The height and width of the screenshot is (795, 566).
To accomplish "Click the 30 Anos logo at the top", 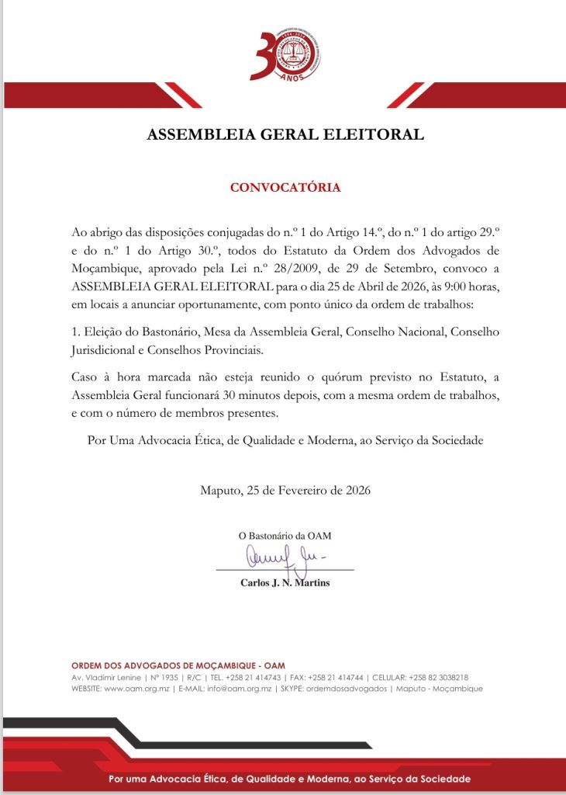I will (285, 55).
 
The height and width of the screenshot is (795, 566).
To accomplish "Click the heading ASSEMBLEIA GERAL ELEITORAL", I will (285, 134).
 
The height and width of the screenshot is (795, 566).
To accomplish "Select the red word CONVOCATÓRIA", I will (285, 187).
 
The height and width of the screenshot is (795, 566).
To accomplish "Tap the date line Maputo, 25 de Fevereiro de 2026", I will (285, 490).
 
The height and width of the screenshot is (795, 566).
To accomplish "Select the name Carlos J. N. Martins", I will (285, 582).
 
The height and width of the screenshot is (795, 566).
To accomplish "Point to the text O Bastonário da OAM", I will (285, 536).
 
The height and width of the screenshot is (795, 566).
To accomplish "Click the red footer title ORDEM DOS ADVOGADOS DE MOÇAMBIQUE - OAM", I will (178, 665).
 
